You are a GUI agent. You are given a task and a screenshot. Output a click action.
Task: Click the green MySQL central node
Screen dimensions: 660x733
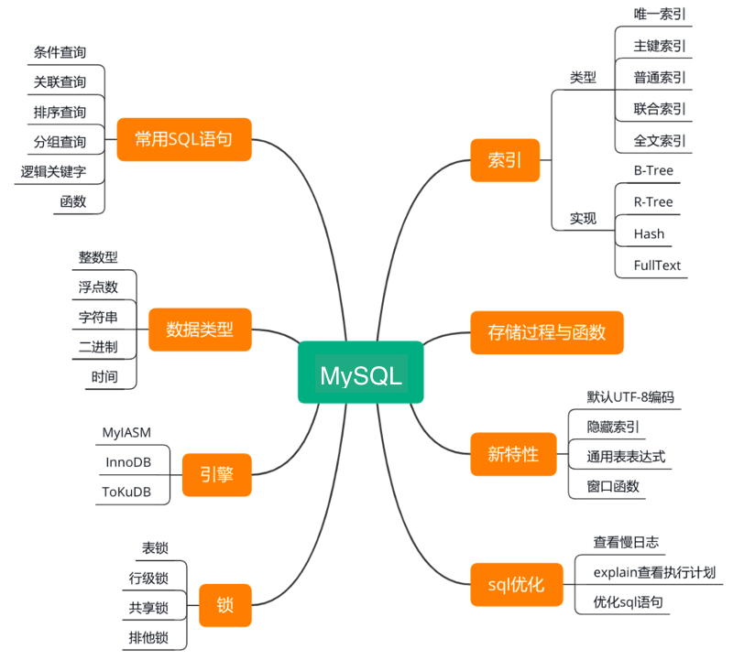tap(360, 373)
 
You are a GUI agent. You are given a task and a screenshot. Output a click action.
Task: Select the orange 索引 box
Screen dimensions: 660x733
tap(505, 160)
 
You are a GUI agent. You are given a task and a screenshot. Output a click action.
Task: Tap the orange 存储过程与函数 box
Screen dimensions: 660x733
tap(546, 332)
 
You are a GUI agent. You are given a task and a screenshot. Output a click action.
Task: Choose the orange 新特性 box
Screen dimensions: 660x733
tap(512, 454)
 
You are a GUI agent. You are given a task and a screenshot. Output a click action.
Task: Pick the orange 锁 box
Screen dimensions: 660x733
tap(224, 605)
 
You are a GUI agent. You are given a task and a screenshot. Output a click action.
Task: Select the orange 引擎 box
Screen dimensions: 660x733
tap(216, 474)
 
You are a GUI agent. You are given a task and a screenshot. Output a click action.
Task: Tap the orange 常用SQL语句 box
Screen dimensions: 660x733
tap(183, 139)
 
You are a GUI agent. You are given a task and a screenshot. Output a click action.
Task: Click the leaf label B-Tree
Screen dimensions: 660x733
tap(653, 170)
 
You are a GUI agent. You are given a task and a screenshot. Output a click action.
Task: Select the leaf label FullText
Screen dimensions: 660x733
tap(657, 265)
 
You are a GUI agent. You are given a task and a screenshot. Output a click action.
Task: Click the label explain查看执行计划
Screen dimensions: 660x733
tap(653, 573)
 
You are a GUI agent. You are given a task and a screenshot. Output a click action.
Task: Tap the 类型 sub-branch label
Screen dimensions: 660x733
tap(583, 78)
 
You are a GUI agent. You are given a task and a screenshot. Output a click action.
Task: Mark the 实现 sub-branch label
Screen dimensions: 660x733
tap(583, 219)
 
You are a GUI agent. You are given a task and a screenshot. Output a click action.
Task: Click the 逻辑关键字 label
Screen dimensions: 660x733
tap(60, 171)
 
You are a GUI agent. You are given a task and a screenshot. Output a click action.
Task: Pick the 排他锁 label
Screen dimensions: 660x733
tap(148, 637)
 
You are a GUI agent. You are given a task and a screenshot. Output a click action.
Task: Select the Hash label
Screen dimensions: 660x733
tap(649, 233)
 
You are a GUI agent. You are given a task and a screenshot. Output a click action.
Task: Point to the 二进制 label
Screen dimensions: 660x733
tap(98, 346)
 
